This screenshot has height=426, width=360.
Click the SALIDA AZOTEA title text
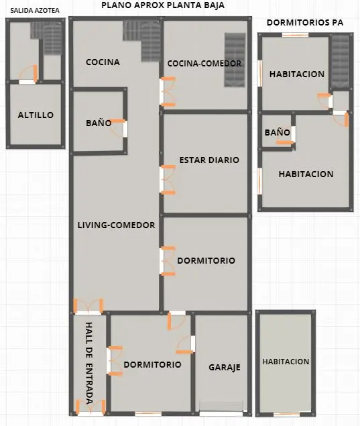[35, 11]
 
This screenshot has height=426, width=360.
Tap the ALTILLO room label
[36, 115]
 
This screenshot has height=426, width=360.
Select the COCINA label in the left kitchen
[103, 62]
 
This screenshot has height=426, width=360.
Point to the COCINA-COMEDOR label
[204, 63]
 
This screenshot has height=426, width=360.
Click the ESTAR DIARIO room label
[209, 160]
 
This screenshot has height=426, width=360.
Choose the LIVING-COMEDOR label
[117, 225]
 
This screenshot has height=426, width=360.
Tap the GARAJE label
[225, 368]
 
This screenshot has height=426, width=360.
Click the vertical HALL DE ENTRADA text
[89, 363]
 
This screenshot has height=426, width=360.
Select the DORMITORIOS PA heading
[305, 23]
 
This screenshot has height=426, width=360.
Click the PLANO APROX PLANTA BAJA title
[163, 5]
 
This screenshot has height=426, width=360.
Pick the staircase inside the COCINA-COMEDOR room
[235, 60]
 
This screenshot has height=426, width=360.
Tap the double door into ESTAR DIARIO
[167, 179]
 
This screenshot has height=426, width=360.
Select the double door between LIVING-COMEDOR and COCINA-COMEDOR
[167, 91]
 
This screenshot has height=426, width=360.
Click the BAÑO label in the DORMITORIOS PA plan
[277, 133]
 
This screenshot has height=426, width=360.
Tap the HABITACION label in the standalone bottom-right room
[286, 362]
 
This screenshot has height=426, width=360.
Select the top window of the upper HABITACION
[296, 35]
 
